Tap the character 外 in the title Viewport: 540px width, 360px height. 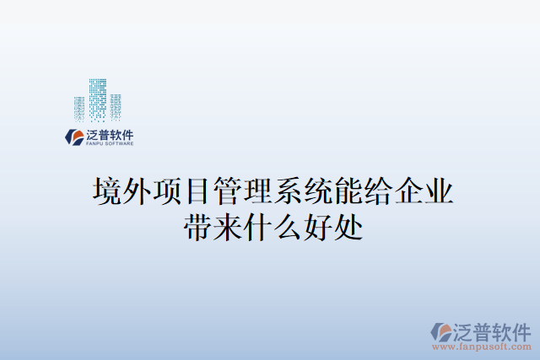pyautogui.click(x=137, y=191)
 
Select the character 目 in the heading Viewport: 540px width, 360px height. pyautogui.click(x=197, y=191)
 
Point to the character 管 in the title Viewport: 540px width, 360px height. pyautogui.click(x=228, y=191)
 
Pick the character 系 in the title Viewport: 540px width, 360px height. pyautogui.click(x=289, y=191)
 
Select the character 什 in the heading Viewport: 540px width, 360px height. pyautogui.click(x=258, y=226)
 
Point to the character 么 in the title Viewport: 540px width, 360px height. pyautogui.click(x=289, y=226)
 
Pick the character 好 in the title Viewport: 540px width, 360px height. pyautogui.click(x=319, y=226)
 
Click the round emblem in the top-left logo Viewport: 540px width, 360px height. pyautogui.click(x=74, y=137)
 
